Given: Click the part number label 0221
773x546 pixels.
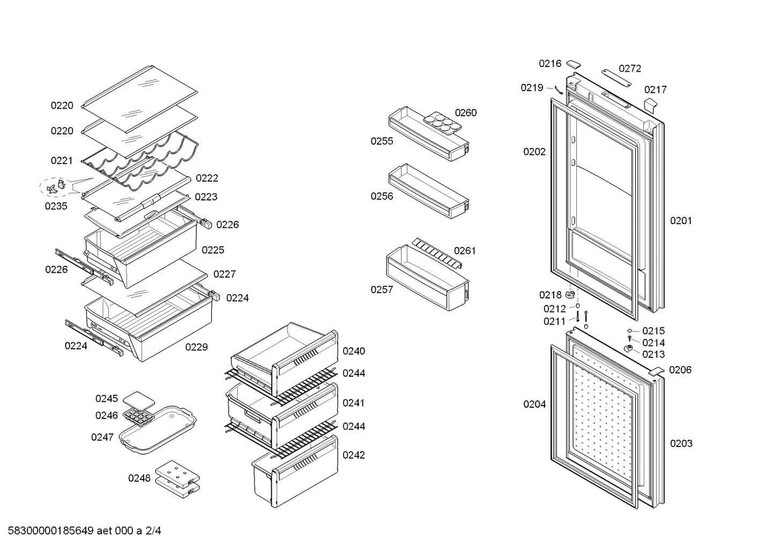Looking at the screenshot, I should pyautogui.click(x=62, y=160).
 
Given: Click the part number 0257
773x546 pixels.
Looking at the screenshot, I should pyautogui.click(x=382, y=290).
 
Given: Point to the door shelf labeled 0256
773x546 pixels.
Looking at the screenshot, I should pyautogui.click(x=429, y=191).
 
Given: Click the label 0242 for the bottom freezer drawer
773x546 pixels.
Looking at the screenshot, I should pyautogui.click(x=354, y=455).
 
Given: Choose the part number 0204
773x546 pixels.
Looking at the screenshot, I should pyautogui.click(x=534, y=405).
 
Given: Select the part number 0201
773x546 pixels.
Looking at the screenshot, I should pyautogui.click(x=681, y=221).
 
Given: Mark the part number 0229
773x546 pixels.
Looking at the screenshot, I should pyautogui.click(x=196, y=347).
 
